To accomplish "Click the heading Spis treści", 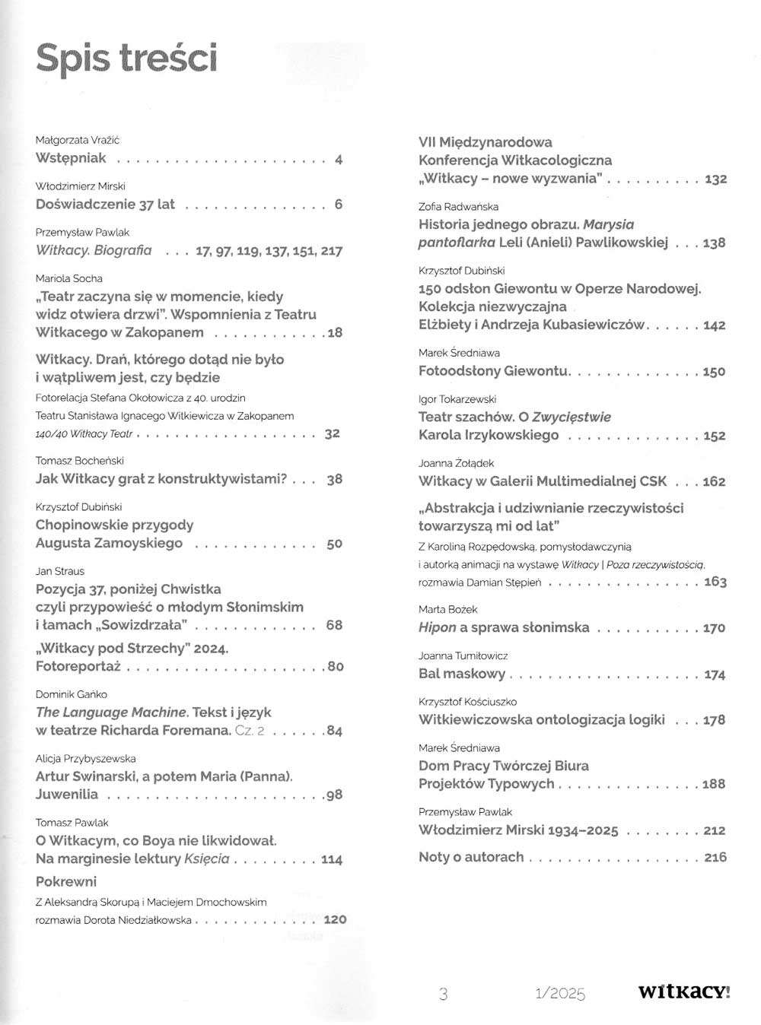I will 126,59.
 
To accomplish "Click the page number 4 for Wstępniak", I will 339,159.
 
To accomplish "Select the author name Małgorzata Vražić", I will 78,140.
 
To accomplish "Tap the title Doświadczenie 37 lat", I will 105,205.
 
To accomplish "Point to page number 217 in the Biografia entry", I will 331,251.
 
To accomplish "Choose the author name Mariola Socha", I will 69,278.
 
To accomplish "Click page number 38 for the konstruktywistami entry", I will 334,480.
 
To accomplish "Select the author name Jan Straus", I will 60,571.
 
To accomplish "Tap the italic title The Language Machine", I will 111,712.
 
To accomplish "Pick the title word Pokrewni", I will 66,882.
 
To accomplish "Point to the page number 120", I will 335,919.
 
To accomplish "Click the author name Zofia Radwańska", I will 458,206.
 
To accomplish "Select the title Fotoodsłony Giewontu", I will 494,371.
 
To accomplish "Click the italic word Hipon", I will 437,628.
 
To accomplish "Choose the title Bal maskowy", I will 462,674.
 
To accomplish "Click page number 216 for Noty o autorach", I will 715,857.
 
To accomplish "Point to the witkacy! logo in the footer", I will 684,992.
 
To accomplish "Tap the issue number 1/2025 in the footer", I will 560,993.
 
